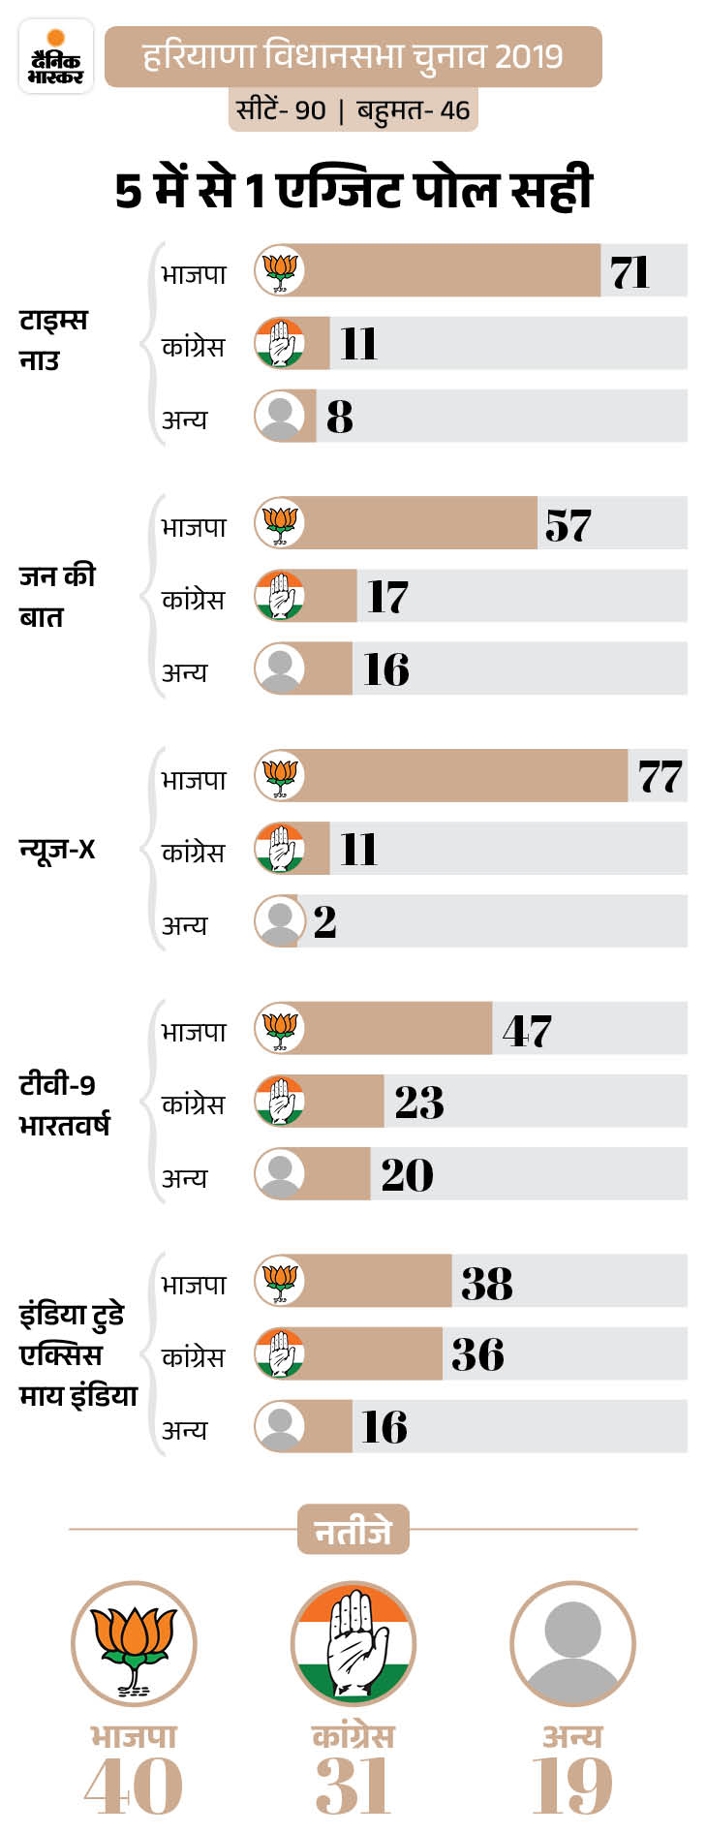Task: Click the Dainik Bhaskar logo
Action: (x=55, y=57)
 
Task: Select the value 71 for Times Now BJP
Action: (x=630, y=272)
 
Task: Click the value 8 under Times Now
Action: (x=339, y=417)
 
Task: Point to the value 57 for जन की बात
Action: (x=568, y=525)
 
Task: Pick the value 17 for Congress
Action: (x=387, y=597)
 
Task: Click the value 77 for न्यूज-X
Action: (x=660, y=777)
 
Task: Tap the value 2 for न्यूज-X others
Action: (x=324, y=921)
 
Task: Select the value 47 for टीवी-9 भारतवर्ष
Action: (x=527, y=1031)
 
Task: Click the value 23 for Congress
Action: (x=418, y=1103)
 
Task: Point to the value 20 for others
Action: (x=407, y=1174)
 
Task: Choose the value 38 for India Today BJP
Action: (x=486, y=1283)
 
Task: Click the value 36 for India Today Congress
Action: (x=477, y=1354)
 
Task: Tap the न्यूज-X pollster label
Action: (x=57, y=850)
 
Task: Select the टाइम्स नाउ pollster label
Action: (x=52, y=339)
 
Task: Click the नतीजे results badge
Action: (x=353, y=1530)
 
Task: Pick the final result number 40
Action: (x=134, y=1786)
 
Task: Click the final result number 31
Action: (x=353, y=1786)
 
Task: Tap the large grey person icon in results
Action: (x=572, y=1644)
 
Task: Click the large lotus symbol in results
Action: (x=134, y=1644)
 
